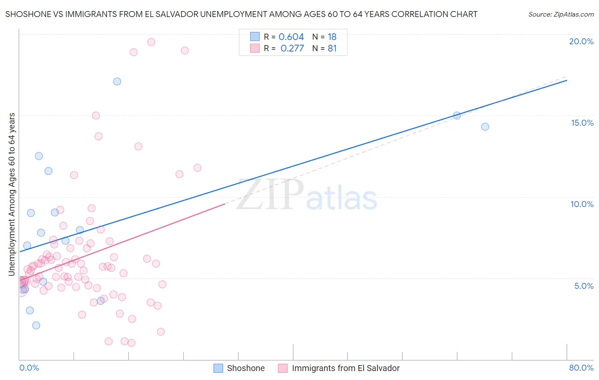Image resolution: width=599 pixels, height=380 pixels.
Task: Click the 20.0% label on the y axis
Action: (x=581, y=41)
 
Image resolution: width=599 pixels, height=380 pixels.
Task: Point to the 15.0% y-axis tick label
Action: (x=582, y=123)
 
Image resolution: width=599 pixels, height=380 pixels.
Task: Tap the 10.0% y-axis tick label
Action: (x=582, y=204)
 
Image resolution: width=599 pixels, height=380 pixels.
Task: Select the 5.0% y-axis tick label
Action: (x=584, y=286)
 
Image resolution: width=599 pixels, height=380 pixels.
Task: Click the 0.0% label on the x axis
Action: (x=29, y=368)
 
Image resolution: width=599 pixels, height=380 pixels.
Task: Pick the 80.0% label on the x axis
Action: (x=581, y=368)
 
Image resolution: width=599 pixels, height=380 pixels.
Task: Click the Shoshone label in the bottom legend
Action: (x=245, y=368)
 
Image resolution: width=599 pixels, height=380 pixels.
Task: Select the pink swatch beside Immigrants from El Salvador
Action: (x=283, y=368)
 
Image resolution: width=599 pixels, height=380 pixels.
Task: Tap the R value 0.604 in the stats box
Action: (x=291, y=37)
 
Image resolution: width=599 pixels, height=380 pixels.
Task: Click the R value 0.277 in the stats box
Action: (x=292, y=49)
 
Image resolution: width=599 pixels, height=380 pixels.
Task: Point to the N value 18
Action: (x=332, y=37)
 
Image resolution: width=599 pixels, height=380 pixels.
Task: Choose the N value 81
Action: (x=332, y=49)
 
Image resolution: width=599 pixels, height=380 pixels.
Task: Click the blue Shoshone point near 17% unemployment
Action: (x=117, y=81)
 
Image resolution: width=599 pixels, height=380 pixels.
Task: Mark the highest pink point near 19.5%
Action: (x=151, y=42)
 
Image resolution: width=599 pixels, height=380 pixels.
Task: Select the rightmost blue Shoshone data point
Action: (x=485, y=127)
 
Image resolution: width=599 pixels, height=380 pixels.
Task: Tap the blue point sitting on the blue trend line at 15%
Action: (x=457, y=115)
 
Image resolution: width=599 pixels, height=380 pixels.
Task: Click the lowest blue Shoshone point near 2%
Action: (x=36, y=325)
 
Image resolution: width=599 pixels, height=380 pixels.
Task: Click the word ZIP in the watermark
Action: (x=270, y=195)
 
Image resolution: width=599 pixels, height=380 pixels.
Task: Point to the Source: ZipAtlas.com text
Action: (x=561, y=14)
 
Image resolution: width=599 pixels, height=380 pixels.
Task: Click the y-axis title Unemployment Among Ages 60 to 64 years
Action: (x=12, y=194)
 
